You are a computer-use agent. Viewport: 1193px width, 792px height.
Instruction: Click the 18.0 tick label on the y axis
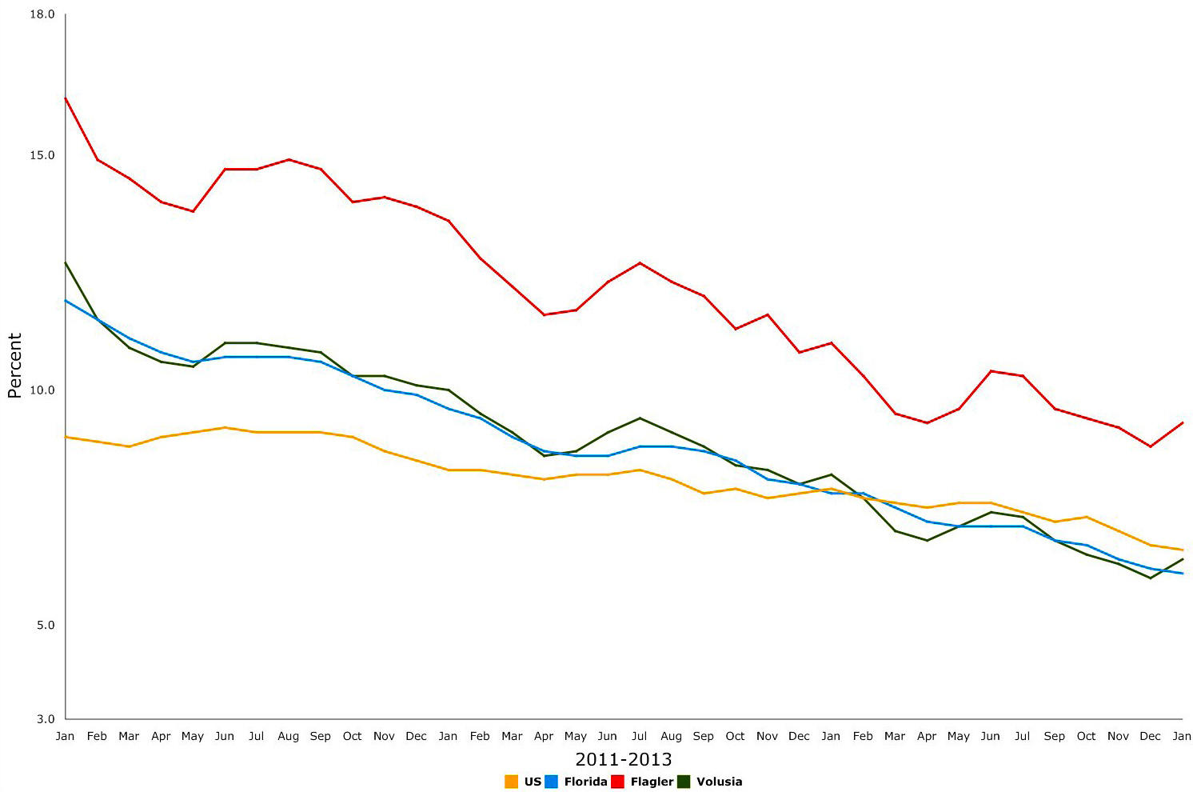(x=42, y=14)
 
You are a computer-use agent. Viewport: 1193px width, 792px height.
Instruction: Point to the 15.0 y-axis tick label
(x=42, y=155)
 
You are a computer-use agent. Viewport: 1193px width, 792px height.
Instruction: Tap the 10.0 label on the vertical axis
(x=42, y=390)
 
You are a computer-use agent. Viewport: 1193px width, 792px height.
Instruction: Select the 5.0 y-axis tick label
(x=46, y=625)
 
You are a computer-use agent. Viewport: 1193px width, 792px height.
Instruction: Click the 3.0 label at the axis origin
(x=46, y=719)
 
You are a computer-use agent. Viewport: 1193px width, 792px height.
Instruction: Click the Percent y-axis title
(x=14, y=366)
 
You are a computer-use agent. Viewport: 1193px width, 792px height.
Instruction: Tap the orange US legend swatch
(x=511, y=782)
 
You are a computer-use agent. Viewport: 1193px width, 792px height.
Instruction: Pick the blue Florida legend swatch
(x=551, y=782)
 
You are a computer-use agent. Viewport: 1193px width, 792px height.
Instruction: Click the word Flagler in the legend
(x=652, y=782)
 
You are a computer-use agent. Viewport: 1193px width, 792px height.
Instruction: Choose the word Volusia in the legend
(x=719, y=782)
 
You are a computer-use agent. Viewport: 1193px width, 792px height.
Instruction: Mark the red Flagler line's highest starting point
(x=66, y=98)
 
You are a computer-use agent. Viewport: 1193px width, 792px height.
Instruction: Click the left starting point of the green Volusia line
(x=66, y=262)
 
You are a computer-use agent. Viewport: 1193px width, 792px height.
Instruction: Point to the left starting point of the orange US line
(x=66, y=437)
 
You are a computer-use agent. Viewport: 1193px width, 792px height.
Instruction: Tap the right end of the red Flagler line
(x=1183, y=422)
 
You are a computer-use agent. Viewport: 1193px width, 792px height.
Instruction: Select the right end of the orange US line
(x=1183, y=550)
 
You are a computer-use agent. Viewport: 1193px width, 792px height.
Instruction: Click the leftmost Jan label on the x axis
(x=65, y=736)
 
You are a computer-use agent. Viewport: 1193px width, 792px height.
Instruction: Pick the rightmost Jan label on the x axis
(x=1182, y=736)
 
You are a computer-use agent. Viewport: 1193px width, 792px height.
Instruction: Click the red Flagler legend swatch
(x=617, y=782)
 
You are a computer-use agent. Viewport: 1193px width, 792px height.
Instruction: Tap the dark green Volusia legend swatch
(x=684, y=782)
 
